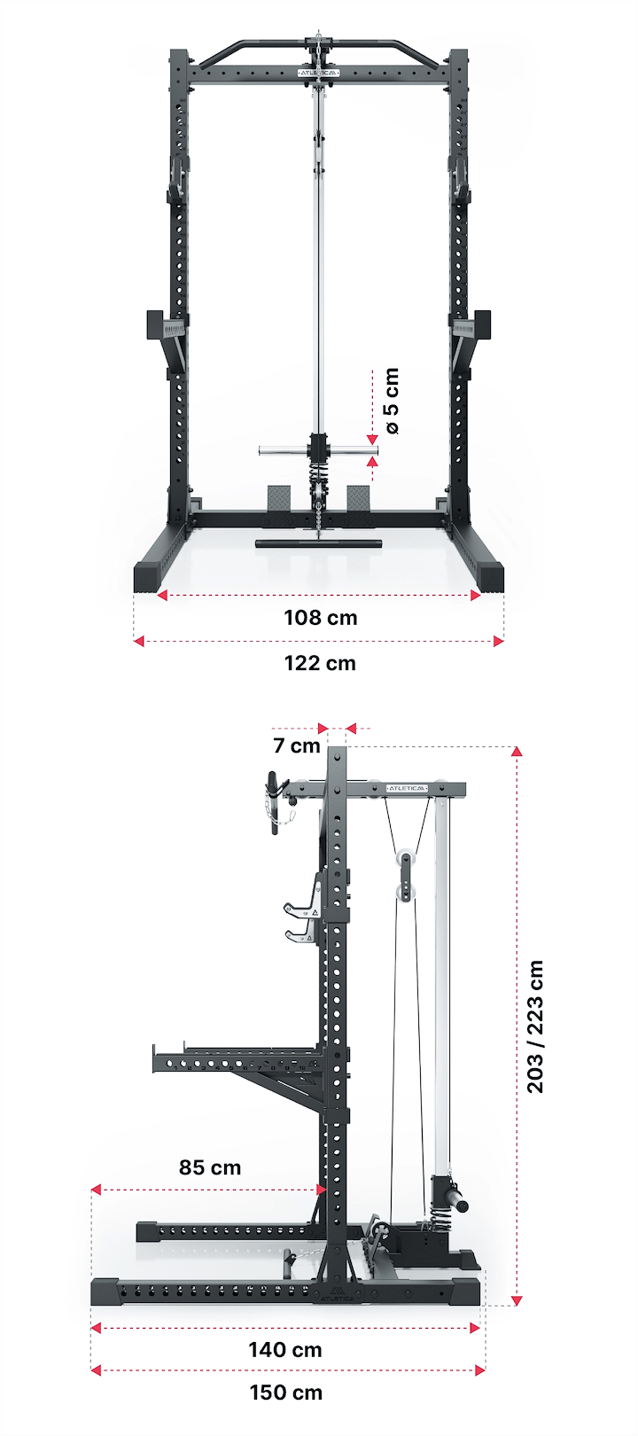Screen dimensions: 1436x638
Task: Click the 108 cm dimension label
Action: [x=320, y=617]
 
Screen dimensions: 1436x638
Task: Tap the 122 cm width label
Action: [x=320, y=663]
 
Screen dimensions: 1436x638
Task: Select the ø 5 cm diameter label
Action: [x=391, y=402]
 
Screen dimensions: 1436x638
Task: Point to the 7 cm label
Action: [x=297, y=745]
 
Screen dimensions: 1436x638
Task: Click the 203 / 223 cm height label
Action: [x=535, y=1026]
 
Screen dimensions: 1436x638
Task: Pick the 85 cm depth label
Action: [x=210, y=1167]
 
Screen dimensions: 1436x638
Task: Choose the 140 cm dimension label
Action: [x=285, y=1350]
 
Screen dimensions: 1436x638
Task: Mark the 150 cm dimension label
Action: [x=285, y=1393]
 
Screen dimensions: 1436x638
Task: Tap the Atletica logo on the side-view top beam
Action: [x=408, y=788]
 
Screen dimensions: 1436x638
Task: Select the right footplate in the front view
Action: [x=360, y=497]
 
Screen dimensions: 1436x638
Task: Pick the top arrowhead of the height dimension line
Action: [x=517, y=751]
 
